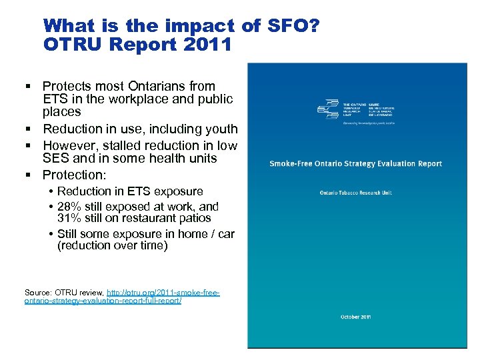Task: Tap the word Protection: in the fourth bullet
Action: (x=74, y=175)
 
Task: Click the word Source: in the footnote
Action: (x=39, y=293)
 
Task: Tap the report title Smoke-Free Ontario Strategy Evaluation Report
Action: (x=355, y=163)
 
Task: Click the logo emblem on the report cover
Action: (x=328, y=109)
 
